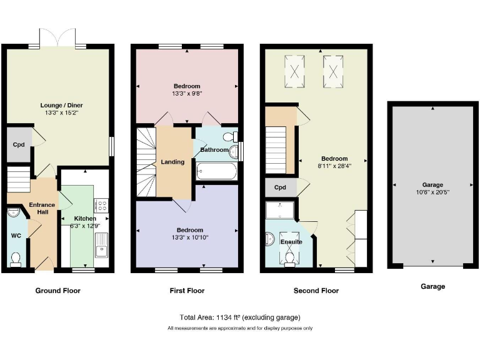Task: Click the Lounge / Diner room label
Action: [61, 105]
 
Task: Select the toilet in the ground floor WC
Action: [17, 257]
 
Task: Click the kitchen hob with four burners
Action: [101, 205]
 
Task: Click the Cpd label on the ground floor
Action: [19, 145]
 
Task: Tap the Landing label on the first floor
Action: [172, 162]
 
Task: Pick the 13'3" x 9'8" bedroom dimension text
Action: [187, 94]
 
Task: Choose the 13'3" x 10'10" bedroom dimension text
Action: [187, 237]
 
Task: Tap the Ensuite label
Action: [291, 241]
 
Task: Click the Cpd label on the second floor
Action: [280, 187]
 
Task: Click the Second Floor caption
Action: [316, 291]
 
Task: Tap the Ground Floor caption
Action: [58, 291]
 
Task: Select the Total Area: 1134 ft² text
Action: [240, 317]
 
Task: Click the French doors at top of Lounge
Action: [57, 38]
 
